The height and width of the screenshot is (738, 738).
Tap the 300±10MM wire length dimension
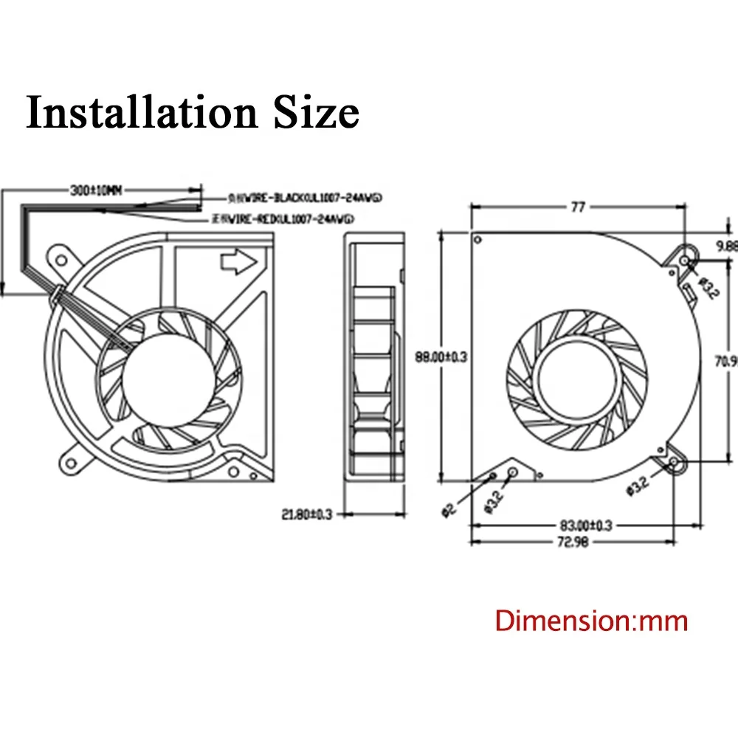click(95, 190)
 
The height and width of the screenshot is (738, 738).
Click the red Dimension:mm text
click(591, 621)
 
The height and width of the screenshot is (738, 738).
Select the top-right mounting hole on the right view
click(685, 261)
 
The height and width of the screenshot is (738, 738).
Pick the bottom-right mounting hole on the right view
click(675, 463)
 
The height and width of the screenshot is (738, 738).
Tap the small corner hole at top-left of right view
click(477, 238)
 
